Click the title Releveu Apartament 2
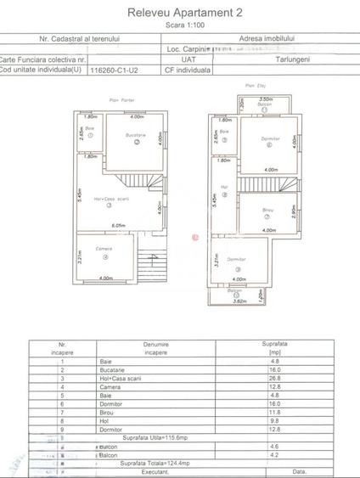point(179,13)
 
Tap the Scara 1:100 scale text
point(179,25)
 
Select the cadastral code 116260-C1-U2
point(124,70)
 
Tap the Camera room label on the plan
point(104,249)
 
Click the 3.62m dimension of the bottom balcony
point(239,301)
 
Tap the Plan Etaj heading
point(250,86)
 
